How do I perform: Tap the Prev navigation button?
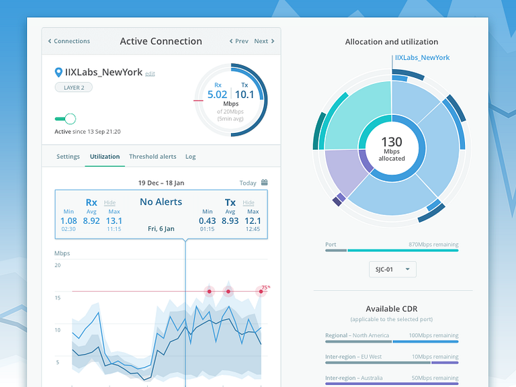239,41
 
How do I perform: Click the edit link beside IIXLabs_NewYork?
150,73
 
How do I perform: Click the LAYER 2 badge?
73,87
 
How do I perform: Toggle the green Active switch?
65,119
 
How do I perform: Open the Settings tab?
68,157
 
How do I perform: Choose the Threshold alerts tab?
153,157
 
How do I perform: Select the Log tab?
190,157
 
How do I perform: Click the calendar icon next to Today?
264,182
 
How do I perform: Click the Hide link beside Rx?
110,203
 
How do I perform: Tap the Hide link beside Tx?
248,203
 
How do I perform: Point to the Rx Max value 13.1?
114,220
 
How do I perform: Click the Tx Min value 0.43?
207,220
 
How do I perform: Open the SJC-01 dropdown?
392,269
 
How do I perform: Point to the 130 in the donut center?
392,142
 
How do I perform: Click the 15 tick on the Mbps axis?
58,298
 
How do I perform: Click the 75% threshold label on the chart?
265,288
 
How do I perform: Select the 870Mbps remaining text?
433,245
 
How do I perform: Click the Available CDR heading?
392,309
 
